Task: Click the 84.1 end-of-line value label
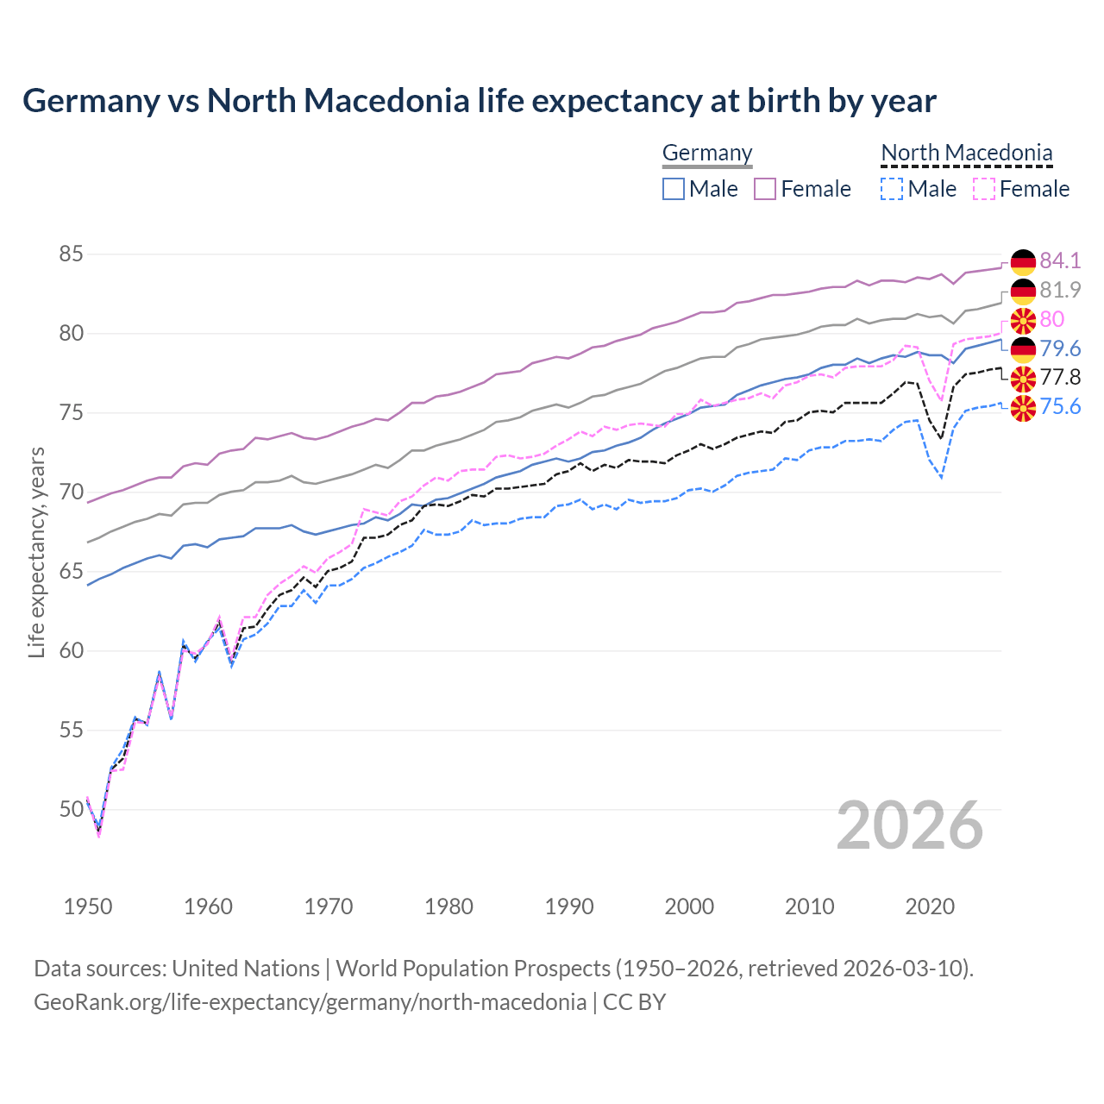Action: [x=1060, y=260]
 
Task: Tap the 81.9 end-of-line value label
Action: [x=1060, y=290]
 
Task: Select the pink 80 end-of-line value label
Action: [x=1051, y=319]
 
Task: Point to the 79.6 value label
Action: [x=1060, y=348]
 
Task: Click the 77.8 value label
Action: [x=1060, y=377]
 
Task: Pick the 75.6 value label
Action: [x=1060, y=406]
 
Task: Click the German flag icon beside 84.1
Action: [x=1023, y=261]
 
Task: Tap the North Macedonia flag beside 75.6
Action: [x=1023, y=407]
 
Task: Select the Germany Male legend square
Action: [x=674, y=189]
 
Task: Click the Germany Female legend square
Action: [x=765, y=189]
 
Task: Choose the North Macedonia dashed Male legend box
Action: [x=892, y=189]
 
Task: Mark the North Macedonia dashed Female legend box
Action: [x=984, y=189]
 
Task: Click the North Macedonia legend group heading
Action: [x=966, y=153]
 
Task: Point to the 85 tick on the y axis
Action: [x=71, y=254]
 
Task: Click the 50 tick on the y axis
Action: [x=71, y=809]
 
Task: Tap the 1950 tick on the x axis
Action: [x=88, y=906]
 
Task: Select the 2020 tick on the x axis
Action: [x=930, y=906]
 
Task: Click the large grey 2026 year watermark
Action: [x=909, y=825]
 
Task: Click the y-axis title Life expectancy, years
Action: [x=37, y=552]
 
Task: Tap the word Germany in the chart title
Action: [x=91, y=101]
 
